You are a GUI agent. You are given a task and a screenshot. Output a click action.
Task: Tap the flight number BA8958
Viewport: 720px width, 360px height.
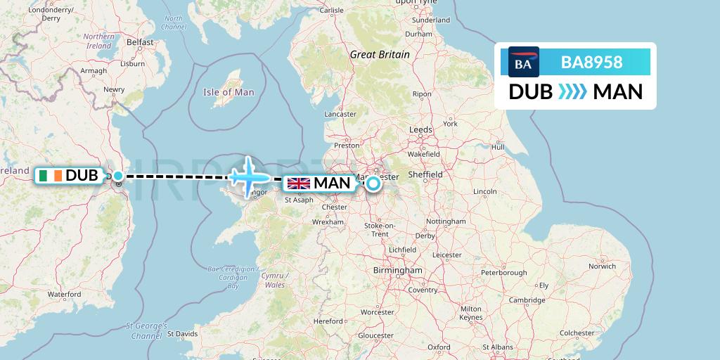(591, 63)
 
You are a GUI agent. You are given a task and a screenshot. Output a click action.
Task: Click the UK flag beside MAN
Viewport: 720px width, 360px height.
(299, 184)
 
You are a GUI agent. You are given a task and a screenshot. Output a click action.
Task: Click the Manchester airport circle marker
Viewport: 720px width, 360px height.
(373, 184)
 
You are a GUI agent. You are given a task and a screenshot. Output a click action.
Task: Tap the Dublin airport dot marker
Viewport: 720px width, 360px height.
(118, 176)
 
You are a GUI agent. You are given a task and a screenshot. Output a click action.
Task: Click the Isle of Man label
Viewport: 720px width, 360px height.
(229, 92)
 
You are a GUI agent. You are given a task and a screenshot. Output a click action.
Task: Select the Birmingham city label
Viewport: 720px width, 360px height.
(398, 270)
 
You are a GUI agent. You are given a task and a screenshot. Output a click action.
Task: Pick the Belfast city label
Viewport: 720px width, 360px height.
(140, 42)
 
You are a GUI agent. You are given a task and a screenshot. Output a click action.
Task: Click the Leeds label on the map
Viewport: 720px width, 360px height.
(420, 129)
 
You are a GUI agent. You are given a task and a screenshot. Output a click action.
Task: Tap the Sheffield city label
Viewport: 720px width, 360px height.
(426, 174)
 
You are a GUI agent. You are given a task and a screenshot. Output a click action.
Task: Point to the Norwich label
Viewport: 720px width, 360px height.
(602, 266)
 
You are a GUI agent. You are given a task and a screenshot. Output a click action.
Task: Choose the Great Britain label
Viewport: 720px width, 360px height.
(380, 54)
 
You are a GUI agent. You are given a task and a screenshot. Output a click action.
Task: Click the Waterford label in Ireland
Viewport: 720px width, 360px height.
(64, 294)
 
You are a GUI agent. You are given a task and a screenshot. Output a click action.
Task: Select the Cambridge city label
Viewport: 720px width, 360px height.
(527, 300)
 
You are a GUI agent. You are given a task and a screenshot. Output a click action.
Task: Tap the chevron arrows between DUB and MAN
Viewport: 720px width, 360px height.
(572, 92)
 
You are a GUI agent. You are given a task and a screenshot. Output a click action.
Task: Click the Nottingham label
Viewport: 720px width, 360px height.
(446, 221)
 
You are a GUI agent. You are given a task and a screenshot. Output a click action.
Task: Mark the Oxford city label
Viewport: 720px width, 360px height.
(439, 347)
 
